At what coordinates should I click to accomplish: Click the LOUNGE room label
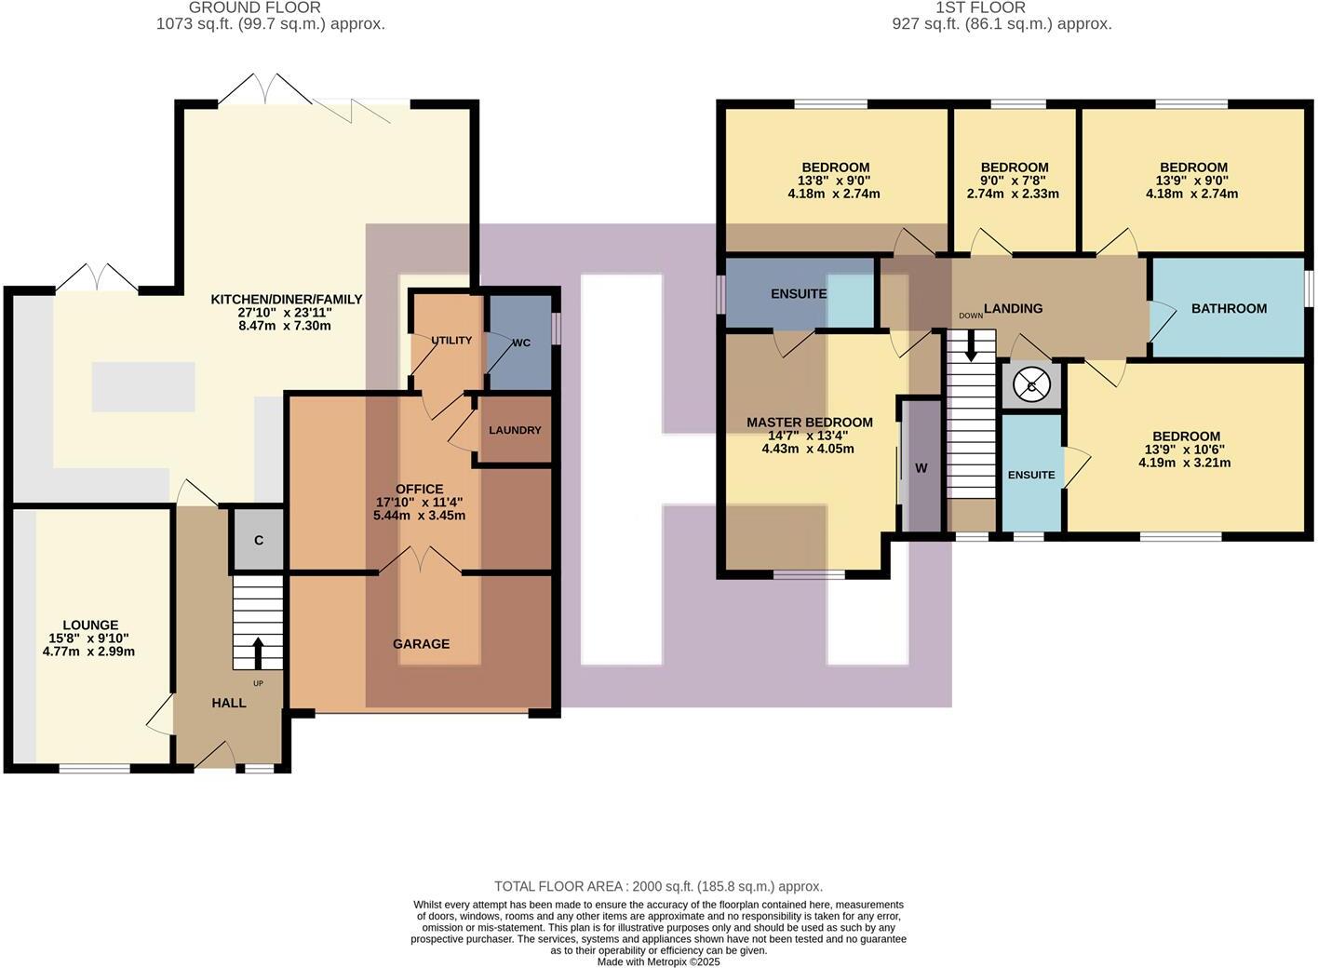coord(90,625)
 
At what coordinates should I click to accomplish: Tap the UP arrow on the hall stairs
coord(258,652)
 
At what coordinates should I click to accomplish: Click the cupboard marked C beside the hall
coord(259,540)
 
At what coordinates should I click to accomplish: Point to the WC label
coord(521,343)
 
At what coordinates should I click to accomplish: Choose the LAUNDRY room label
coord(515,430)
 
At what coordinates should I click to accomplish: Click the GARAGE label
coord(421,644)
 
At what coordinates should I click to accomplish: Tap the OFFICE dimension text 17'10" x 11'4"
coord(419,503)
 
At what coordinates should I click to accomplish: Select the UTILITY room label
coord(451,341)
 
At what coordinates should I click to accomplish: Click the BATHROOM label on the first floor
coord(1229,308)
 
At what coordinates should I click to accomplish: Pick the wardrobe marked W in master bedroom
coord(921,468)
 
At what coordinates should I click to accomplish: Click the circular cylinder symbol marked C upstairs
coord(1031,384)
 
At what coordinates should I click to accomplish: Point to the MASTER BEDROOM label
coord(810,423)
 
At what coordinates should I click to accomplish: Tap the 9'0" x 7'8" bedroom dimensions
coord(1014,181)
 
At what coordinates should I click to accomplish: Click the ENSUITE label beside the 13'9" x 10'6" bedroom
coord(1031,475)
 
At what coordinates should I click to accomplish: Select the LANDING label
coord(1013,308)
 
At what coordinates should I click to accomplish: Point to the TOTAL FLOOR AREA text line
coord(658,886)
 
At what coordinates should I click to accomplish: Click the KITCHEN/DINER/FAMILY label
coord(287,300)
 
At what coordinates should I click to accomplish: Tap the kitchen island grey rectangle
coord(143,386)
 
